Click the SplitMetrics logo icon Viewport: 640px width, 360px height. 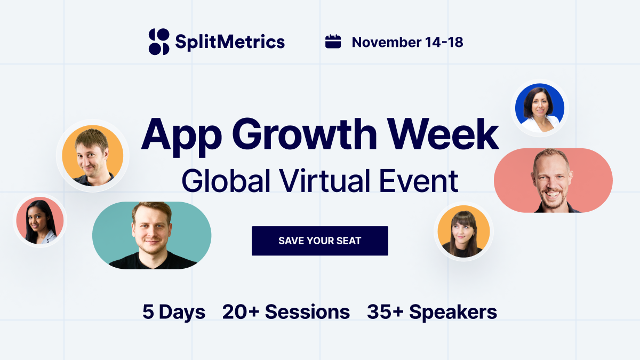(159, 42)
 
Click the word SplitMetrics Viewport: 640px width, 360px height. (230, 42)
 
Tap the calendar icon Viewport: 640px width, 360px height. (333, 42)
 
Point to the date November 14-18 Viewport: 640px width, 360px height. (407, 42)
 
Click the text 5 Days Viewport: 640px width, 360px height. (174, 311)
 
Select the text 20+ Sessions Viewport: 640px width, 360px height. (286, 311)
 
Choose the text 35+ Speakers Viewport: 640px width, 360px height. (432, 311)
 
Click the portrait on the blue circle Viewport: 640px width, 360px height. (539, 108)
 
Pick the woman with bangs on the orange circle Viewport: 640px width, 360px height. (463, 232)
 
